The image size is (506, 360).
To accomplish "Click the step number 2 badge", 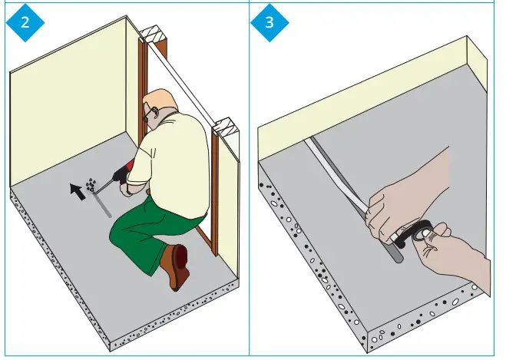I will pyautogui.click(x=25, y=21).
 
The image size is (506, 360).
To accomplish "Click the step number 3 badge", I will pyautogui.click(x=269, y=21).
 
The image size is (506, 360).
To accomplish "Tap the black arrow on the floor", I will pyautogui.click(x=77, y=190).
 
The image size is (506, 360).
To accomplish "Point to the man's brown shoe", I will pyautogui.click(x=176, y=264).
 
